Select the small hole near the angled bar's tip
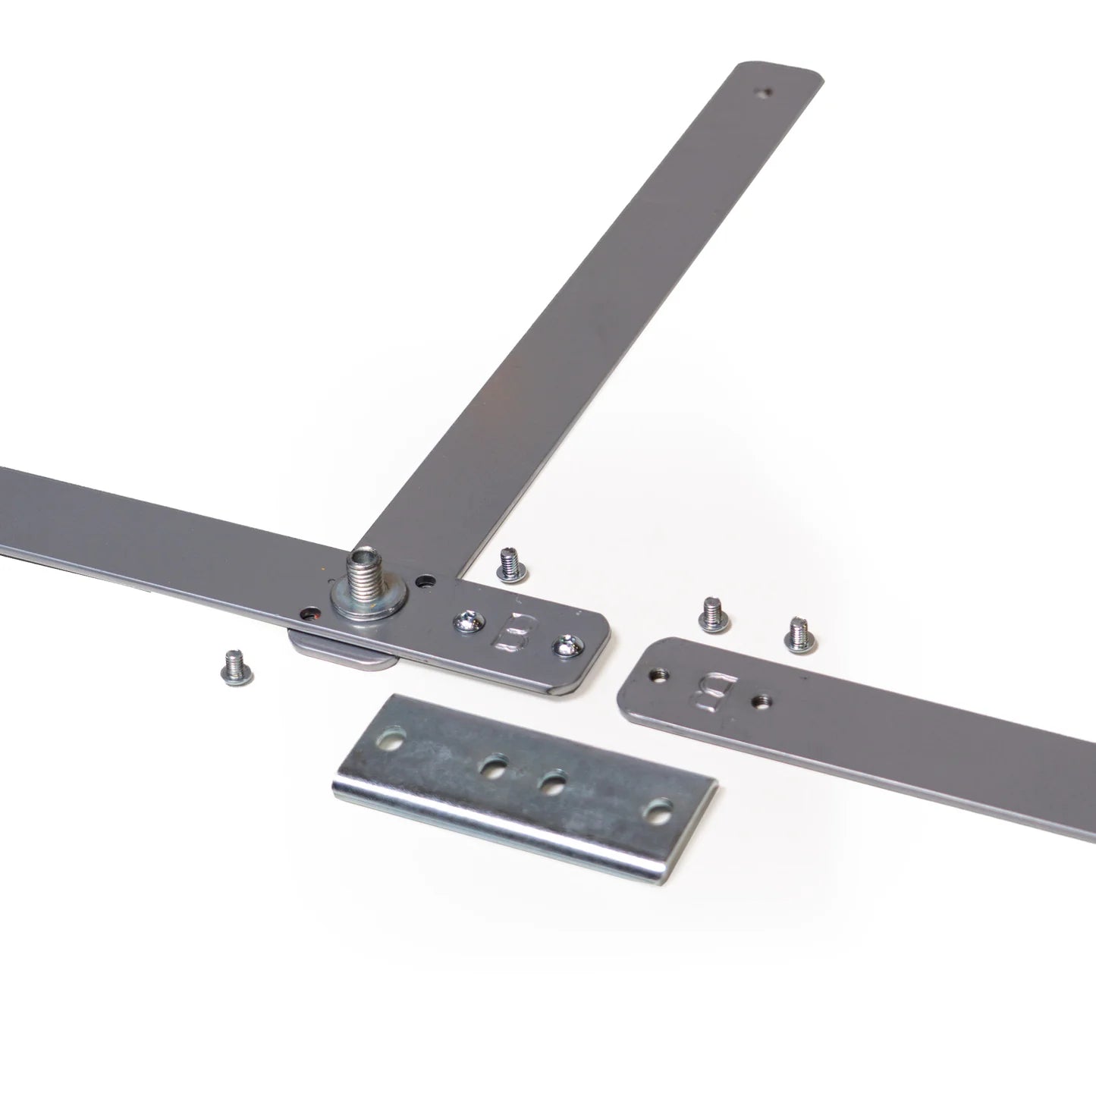(768, 91)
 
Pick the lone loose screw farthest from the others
(237, 667)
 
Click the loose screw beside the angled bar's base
(513, 565)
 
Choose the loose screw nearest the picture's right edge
(802, 636)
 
